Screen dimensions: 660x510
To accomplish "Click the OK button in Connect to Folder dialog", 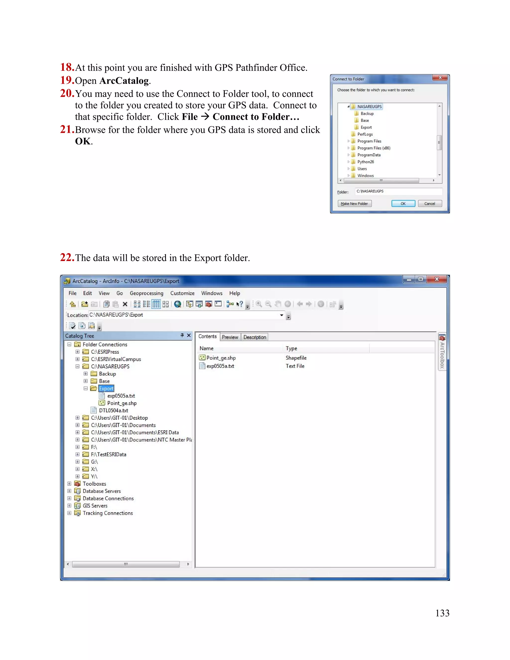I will click(x=403, y=204).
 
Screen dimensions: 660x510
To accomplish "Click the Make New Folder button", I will click(x=354, y=204).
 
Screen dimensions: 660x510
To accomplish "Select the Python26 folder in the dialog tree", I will click(x=366, y=162).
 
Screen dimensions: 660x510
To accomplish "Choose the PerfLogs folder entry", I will click(x=365, y=134).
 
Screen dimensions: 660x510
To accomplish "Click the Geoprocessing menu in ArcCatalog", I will click(x=146, y=293).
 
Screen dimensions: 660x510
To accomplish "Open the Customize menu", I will click(x=182, y=293).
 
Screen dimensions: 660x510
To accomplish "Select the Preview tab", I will click(x=230, y=337).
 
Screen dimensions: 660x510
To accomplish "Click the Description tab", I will click(x=255, y=337).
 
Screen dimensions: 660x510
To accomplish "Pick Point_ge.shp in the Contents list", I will click(x=221, y=358).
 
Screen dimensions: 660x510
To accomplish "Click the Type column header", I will click(x=292, y=348).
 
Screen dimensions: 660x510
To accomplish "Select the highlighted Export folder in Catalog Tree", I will click(x=106, y=389).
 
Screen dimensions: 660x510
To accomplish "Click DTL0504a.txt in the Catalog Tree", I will click(x=113, y=410).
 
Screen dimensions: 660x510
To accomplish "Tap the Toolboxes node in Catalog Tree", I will click(x=94, y=484).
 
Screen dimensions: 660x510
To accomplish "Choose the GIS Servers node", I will click(x=95, y=506).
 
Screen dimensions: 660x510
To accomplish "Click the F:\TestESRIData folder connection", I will click(x=109, y=455).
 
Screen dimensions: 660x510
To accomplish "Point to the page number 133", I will click(x=442, y=613).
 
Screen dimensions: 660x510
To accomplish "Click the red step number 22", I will click(x=67, y=258).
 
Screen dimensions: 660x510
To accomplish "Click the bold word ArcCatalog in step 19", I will click(x=124, y=81).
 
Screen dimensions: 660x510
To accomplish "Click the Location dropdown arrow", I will click(x=282, y=315).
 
